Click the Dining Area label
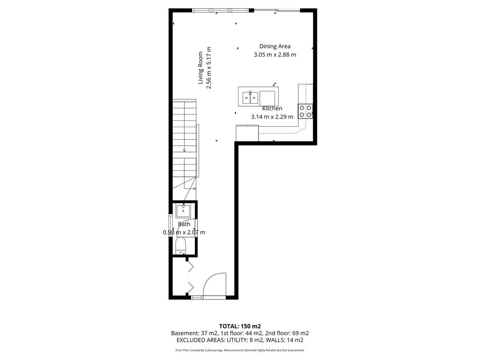click(x=275, y=46)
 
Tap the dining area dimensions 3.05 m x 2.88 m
click(x=275, y=55)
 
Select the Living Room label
click(x=201, y=68)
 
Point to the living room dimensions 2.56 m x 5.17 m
click(x=209, y=68)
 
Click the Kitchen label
click(x=272, y=108)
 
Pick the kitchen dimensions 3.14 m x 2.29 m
click(x=272, y=117)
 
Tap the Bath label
click(x=184, y=224)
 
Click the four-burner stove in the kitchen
click(x=305, y=111)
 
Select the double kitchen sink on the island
click(x=250, y=97)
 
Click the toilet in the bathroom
click(x=181, y=245)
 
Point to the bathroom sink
click(x=183, y=211)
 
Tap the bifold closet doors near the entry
click(x=190, y=277)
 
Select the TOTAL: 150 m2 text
click(x=240, y=326)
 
